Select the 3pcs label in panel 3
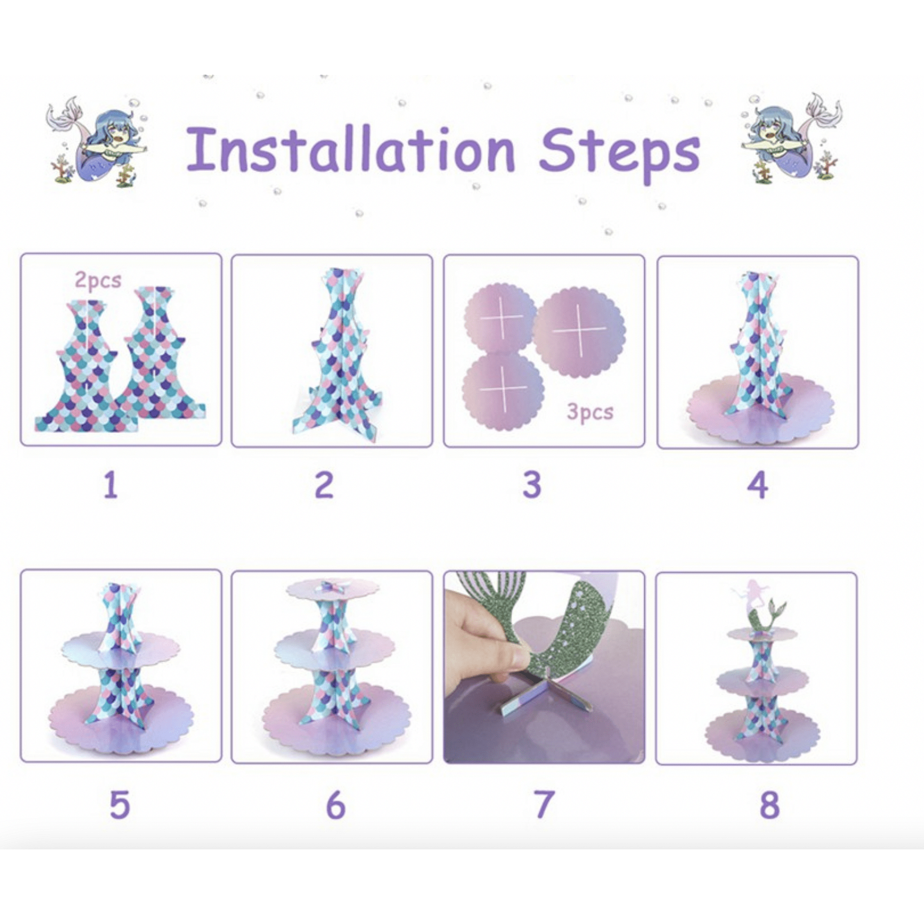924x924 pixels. point(590,412)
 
